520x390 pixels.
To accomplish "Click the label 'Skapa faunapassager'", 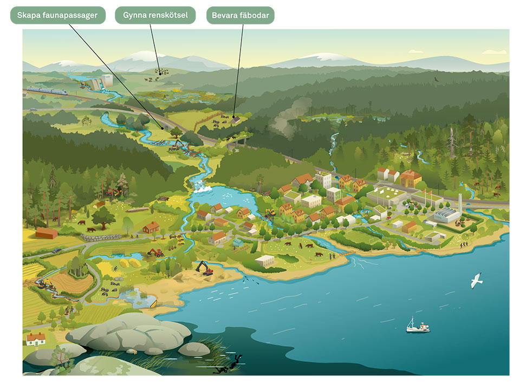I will [57, 15].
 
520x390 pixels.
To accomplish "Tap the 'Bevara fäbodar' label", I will [240, 15].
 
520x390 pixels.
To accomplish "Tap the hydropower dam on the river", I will [97, 83].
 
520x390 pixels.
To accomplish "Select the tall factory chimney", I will [460, 204].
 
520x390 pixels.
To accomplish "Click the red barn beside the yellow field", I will [47, 233].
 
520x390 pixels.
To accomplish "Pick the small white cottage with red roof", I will [36, 339].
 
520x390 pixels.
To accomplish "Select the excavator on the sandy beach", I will [204, 268].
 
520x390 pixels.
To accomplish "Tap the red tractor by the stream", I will [156, 252].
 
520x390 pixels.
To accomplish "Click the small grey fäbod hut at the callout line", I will [235, 119].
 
